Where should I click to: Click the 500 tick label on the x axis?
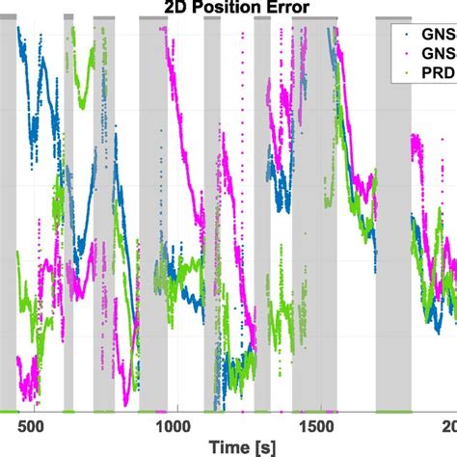click(x=31, y=425)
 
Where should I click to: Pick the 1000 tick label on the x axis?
click(x=173, y=425)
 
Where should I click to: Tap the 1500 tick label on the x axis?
click(x=315, y=425)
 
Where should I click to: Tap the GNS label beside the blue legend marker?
click(x=440, y=32)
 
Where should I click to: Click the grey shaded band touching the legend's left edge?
click(x=392, y=241)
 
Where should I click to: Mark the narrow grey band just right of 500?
click(x=68, y=241)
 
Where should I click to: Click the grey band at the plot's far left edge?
click(x=8, y=241)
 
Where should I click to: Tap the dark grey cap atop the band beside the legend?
click(x=392, y=18)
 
